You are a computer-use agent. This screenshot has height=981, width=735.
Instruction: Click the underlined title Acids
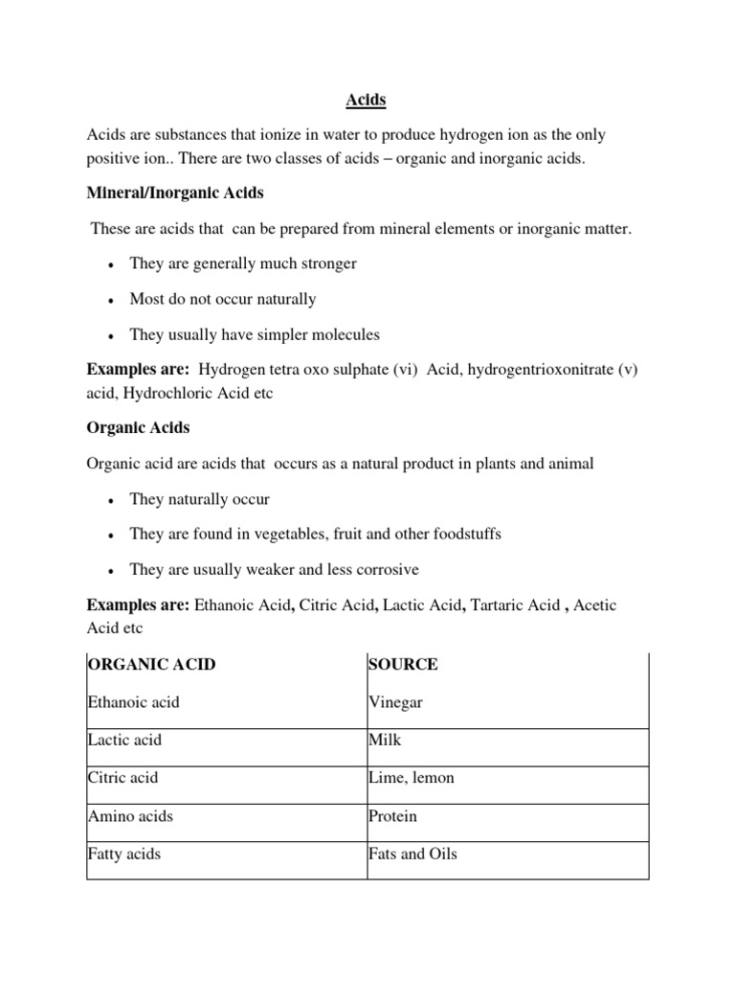(367, 99)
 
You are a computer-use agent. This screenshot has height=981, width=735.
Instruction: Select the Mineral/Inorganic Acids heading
(175, 194)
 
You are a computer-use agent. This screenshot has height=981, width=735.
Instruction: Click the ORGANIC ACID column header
(151, 665)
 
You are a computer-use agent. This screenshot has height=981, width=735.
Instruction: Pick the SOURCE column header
(403, 665)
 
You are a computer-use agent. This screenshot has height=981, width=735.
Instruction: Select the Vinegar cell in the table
(395, 703)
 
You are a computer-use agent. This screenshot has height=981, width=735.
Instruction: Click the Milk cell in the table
(385, 741)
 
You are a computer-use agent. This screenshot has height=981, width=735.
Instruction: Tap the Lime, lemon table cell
(412, 778)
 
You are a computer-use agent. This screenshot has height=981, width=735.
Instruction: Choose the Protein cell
(392, 817)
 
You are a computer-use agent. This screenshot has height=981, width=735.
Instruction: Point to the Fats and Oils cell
(412, 854)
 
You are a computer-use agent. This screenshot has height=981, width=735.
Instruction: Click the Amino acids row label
(130, 817)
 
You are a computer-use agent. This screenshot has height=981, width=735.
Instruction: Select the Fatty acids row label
(123, 854)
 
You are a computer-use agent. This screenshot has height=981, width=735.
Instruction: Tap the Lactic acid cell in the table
(124, 741)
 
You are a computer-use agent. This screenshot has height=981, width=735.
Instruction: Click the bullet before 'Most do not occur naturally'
(112, 301)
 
